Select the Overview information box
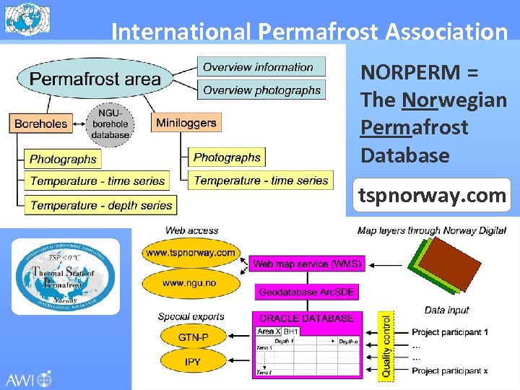[x=261, y=67]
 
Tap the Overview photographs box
[x=261, y=90]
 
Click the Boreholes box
[x=41, y=123]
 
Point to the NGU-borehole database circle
[x=110, y=122]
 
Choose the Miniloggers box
[x=186, y=123]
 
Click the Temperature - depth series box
[x=101, y=205]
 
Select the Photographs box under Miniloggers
[x=227, y=157]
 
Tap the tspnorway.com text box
[x=433, y=196]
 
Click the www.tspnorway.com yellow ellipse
[x=191, y=253]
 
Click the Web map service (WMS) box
[x=307, y=264]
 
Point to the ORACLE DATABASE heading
[x=306, y=318]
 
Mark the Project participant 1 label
[x=450, y=332]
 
